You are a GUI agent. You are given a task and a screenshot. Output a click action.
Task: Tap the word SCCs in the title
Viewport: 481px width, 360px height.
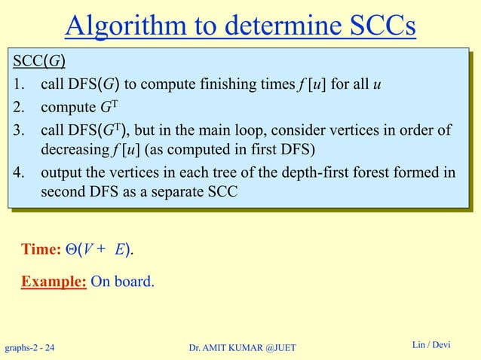coord(376,26)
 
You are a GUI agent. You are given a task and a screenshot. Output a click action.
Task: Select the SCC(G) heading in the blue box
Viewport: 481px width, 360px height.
coord(37,60)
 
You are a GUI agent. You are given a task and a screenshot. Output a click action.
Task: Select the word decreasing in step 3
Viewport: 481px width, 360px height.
coord(78,147)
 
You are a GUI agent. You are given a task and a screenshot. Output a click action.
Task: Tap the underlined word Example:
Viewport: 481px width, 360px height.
coord(54,282)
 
